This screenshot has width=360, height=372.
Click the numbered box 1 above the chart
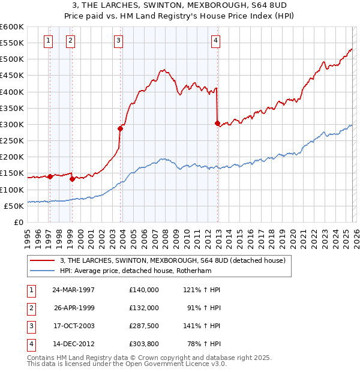(48, 41)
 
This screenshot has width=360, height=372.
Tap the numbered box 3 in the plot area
(118, 41)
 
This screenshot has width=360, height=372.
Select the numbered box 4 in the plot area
(215, 41)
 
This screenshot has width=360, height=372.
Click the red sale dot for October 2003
(121, 128)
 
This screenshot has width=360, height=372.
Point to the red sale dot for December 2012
(217, 123)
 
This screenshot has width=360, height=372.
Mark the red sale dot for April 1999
(72, 179)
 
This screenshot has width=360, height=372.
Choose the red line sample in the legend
(43, 260)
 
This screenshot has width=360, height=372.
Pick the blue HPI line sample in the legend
(43, 271)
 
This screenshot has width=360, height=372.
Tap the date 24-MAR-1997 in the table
(73, 289)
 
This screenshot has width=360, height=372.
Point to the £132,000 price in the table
(143, 307)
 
